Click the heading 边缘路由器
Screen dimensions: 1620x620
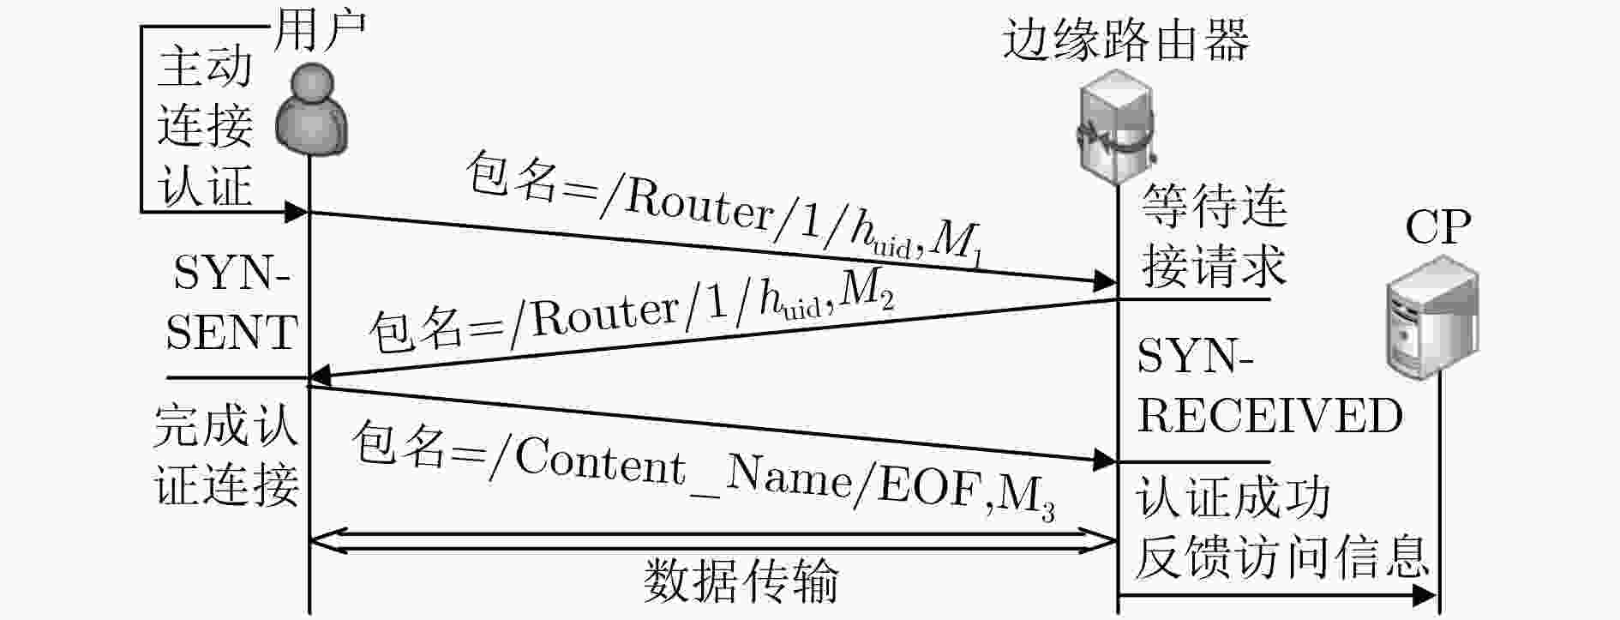[x=1126, y=40]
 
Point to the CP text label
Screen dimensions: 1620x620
[x=1438, y=228]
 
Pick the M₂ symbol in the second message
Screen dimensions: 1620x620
[x=867, y=294]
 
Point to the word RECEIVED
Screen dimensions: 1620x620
[x=1269, y=416]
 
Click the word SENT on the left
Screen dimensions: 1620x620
[x=231, y=333]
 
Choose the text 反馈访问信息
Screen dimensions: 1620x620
[x=1282, y=557]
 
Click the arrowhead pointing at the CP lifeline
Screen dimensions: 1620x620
[x=1425, y=595]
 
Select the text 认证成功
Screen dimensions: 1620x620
[x=1233, y=498]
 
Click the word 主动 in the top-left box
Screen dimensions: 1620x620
[x=205, y=67]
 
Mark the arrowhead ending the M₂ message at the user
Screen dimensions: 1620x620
[x=319, y=376]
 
